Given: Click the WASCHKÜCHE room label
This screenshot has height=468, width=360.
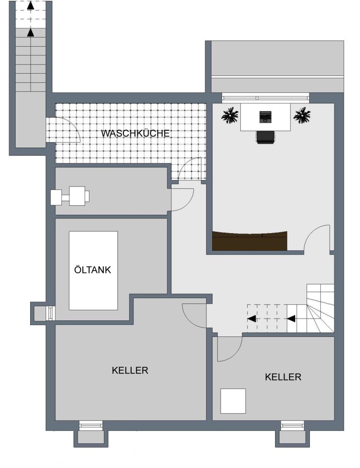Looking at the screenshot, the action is tap(135, 133).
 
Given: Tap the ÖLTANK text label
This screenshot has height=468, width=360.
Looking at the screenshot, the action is tap(92, 270).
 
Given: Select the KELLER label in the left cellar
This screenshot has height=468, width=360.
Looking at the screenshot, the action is tap(130, 370).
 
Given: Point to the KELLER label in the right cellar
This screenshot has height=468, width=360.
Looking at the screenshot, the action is tap(283, 377).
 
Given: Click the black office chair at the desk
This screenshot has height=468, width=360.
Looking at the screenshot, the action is tap(265, 137).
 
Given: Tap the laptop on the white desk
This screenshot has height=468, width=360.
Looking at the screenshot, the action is tap(265, 117).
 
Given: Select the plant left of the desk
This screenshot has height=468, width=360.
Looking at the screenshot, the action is tap(230, 115).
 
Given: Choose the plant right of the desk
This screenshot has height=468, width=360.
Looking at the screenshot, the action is tap(302, 115).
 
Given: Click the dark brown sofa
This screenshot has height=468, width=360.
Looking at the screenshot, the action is tap(249, 240).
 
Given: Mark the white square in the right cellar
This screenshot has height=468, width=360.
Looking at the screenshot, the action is tap(233, 401).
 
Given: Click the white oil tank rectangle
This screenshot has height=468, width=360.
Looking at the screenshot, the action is tap(93, 271).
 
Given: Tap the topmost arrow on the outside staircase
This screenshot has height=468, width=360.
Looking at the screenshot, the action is tap(31, 5).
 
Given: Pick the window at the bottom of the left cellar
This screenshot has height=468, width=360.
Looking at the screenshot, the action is tap(90, 425).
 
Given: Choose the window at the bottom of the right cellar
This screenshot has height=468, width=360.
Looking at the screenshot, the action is tap(292, 425).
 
